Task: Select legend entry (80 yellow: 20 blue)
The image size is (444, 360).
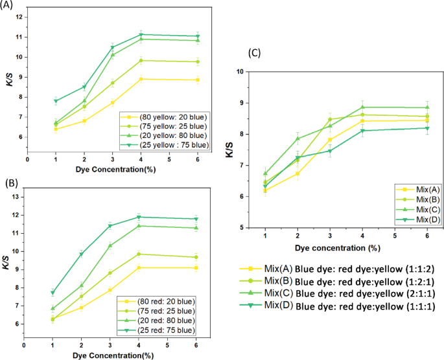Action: (170, 118)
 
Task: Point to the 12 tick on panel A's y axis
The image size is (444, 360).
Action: (21, 17)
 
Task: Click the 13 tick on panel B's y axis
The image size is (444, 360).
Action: (18, 197)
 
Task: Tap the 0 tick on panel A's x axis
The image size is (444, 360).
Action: (27, 158)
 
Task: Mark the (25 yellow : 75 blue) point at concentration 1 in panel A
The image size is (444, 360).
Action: (56, 101)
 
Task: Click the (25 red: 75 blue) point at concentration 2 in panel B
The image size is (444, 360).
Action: (81, 254)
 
